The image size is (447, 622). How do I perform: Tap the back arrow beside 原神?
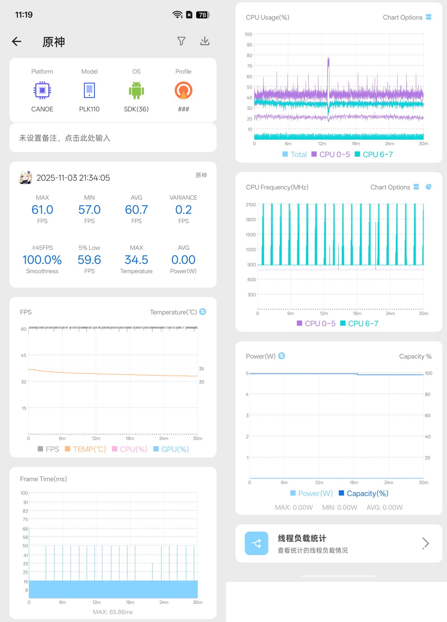coord(16,41)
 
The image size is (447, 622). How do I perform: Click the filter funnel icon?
coord(181,41)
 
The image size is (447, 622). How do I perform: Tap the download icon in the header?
coord(205,41)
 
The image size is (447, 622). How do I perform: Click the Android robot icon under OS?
coord(137,90)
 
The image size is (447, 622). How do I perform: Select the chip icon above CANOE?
coord(42,90)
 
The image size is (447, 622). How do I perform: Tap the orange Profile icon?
coord(183,90)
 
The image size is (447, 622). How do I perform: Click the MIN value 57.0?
coord(89,210)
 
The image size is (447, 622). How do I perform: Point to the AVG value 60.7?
coord(137,210)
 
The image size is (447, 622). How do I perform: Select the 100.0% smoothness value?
coord(42,260)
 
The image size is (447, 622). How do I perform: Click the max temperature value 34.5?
coord(137,260)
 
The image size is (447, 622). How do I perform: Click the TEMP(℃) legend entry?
coord(86,449)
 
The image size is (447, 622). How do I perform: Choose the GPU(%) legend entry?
coord(171,449)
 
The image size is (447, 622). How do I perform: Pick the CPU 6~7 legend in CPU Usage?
coord(374,154)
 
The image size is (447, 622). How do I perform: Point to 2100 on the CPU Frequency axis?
coord(250,204)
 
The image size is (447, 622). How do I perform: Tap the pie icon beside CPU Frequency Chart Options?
coord(429,187)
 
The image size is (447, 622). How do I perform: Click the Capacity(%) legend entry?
coord(363,493)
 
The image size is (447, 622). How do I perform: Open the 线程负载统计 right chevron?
coord(426,543)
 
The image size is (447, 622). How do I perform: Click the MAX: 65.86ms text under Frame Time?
coord(113,612)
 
